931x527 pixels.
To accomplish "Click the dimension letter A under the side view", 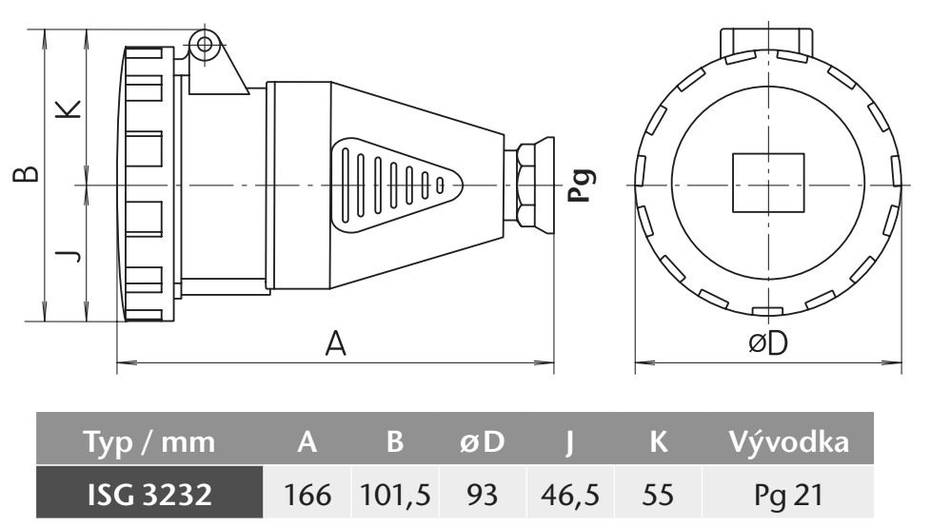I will point(334,342).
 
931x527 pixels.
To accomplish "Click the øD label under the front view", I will point(767,343).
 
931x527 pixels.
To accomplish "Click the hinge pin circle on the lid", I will point(202,43).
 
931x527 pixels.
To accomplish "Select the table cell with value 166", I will point(307,495).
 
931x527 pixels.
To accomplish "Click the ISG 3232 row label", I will point(150,495).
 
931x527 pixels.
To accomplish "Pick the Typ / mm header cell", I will point(150,442).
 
